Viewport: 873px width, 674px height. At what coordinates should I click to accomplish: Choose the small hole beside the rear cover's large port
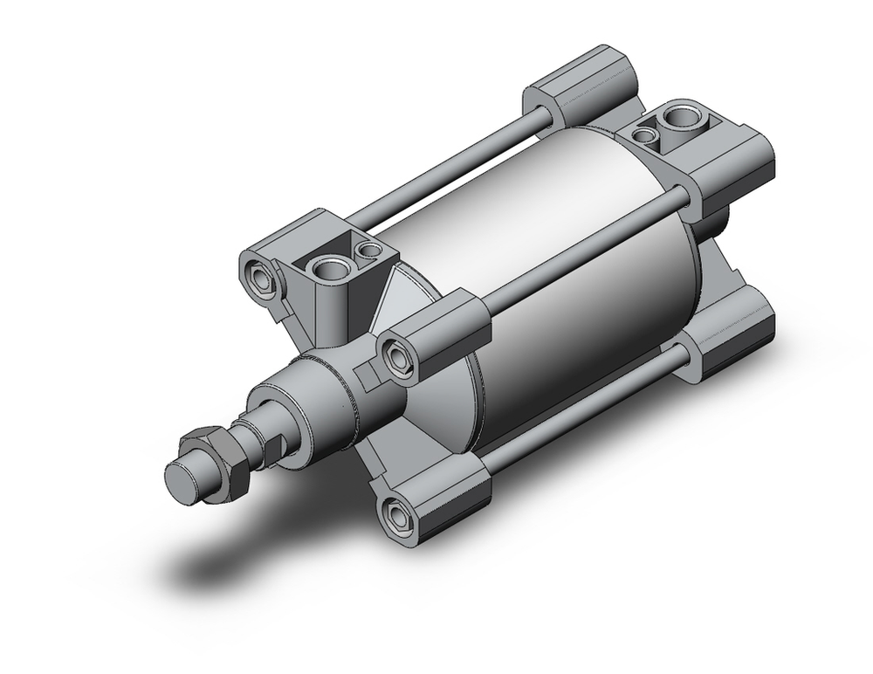click(x=644, y=134)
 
